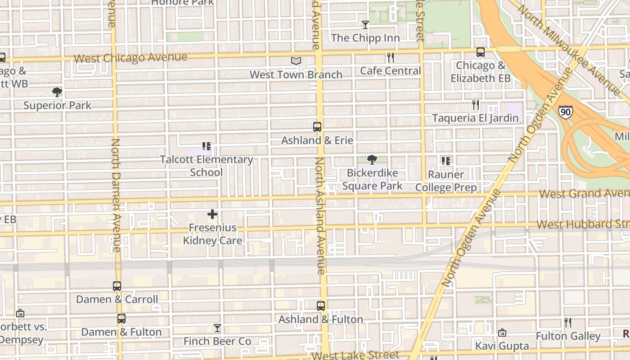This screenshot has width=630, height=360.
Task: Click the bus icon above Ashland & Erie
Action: click(317, 127)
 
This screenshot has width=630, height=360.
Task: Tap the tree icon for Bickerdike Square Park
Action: click(372, 160)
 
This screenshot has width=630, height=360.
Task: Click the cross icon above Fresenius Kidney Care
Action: click(212, 215)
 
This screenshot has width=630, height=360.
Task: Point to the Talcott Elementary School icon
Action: click(207, 146)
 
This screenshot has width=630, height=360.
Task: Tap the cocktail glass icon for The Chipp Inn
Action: click(365, 24)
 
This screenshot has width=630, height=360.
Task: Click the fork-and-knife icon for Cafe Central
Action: click(390, 58)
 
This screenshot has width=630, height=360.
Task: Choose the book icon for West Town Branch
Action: click(296, 61)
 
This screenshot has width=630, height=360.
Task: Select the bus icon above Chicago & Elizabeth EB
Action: click(481, 52)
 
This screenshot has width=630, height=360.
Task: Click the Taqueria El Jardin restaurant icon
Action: click(476, 105)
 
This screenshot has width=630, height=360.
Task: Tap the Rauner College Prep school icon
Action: click(446, 161)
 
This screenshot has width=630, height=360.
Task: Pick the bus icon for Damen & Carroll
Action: click(117, 286)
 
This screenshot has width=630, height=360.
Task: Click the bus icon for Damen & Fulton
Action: click(121, 319)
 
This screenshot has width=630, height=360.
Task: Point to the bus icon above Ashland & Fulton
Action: click(321, 306)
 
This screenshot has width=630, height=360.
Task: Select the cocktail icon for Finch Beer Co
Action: click(217, 328)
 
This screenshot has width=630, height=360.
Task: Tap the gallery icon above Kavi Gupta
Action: click(502, 333)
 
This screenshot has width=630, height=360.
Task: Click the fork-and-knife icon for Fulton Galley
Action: click(568, 323)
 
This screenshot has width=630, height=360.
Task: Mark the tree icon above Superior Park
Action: click(57, 92)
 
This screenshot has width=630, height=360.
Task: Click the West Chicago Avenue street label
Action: click(130, 58)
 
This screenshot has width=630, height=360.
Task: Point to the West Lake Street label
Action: click(355, 355)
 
